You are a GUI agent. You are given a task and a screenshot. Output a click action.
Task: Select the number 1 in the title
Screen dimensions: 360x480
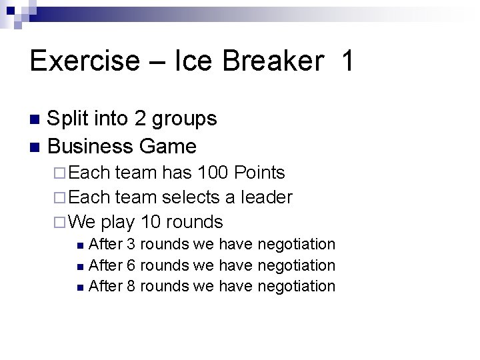(347, 61)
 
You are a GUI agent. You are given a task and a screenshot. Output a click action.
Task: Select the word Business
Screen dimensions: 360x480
(93, 145)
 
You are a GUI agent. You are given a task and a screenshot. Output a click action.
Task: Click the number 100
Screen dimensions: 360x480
(211, 173)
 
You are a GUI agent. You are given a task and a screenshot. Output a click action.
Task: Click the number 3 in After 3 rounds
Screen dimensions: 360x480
(131, 245)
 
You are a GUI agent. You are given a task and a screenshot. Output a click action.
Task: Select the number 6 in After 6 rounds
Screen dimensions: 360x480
(131, 265)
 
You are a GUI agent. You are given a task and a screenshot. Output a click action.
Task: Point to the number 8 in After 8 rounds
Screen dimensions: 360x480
(131, 286)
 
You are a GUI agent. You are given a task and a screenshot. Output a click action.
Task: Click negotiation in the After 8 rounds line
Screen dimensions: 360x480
(296, 287)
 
